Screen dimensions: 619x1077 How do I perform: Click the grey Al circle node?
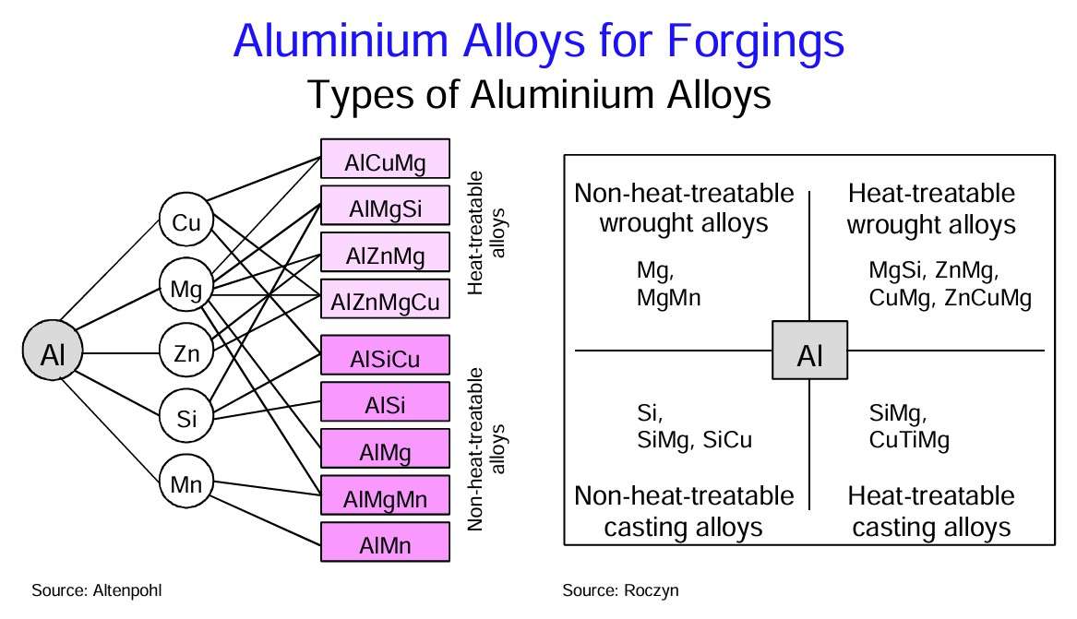click(x=53, y=352)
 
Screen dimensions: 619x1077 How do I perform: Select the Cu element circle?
click(x=186, y=222)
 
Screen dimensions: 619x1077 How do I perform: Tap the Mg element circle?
click(x=186, y=287)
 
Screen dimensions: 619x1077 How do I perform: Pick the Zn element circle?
click(x=186, y=352)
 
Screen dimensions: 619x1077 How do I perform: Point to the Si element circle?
click(x=186, y=418)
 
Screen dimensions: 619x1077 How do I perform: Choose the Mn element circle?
click(x=186, y=482)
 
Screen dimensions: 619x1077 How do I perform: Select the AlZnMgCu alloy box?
click(x=385, y=302)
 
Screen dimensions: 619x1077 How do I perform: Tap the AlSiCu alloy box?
click(x=385, y=358)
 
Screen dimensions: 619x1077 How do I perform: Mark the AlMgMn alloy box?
click(x=385, y=499)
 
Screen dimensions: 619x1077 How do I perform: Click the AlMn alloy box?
click(x=385, y=545)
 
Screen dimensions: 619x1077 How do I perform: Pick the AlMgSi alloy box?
click(x=385, y=208)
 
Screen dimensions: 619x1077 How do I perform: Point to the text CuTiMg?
click(x=909, y=439)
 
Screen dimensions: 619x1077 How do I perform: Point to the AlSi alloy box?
click(x=385, y=405)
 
